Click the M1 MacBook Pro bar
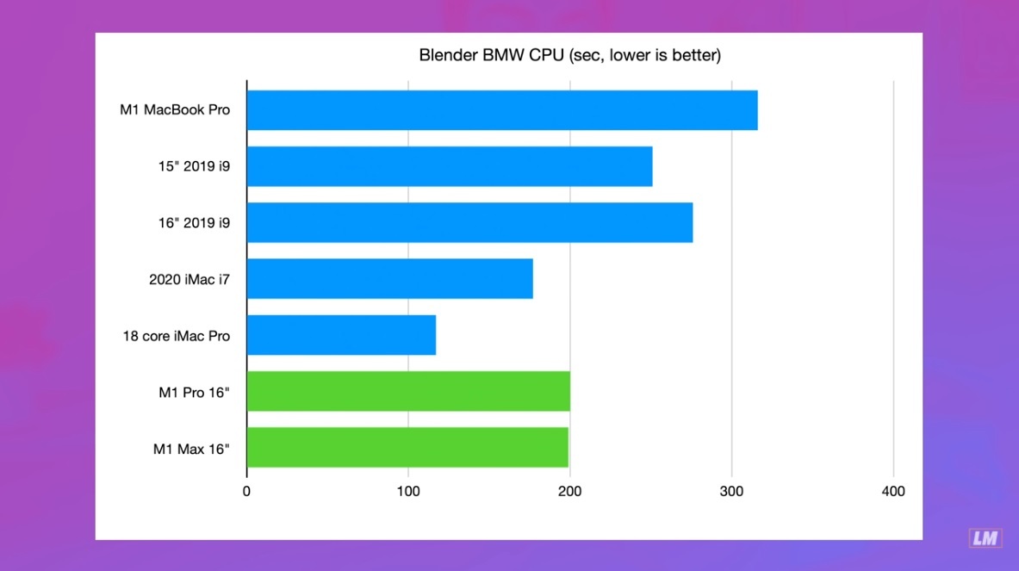(501, 110)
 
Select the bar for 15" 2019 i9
(449, 166)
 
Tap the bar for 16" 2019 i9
(469, 222)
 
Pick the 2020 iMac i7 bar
(389, 279)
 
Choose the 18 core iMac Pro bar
(341, 335)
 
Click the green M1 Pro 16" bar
(408, 391)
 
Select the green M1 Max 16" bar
(407, 447)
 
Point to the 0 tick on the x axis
(246, 492)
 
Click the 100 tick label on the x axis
(408, 492)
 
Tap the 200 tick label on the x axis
(569, 492)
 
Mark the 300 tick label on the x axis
(731, 492)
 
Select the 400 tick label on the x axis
(893, 492)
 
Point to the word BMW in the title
(496, 56)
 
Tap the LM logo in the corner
(985, 538)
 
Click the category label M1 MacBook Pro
(175, 110)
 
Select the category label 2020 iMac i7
(190, 279)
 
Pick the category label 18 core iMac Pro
(176, 336)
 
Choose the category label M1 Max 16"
(191, 448)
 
